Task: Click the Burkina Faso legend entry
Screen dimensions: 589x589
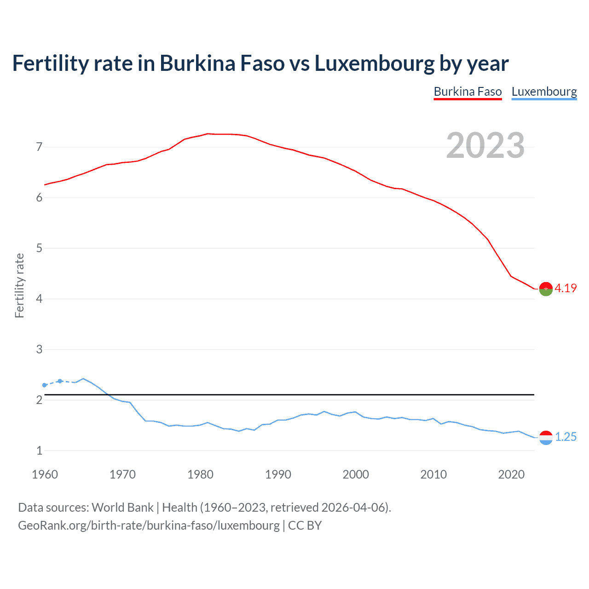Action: tap(468, 92)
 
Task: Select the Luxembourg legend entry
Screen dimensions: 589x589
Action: tap(544, 92)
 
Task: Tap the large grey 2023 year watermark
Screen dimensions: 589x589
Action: tap(485, 145)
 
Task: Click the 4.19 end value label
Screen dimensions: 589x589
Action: tap(566, 288)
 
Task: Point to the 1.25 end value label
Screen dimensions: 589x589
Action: tap(566, 437)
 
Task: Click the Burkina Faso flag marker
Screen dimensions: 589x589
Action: tap(546, 289)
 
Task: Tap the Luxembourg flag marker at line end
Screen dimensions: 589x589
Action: tap(546, 438)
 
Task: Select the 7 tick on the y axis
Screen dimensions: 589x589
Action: tap(39, 147)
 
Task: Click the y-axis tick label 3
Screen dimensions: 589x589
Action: tap(39, 349)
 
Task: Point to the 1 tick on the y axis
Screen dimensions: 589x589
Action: tap(39, 450)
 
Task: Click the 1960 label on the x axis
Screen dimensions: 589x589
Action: tap(45, 474)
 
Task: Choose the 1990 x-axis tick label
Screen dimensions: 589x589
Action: tap(278, 474)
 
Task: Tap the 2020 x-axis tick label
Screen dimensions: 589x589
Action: tap(511, 474)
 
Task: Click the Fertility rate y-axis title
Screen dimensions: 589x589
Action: tap(19, 285)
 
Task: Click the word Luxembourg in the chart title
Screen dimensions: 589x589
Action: tap(374, 64)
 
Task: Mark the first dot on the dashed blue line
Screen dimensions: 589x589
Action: tap(45, 385)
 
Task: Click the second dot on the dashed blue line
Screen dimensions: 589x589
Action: tap(60, 381)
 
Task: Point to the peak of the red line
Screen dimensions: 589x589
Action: tap(208, 133)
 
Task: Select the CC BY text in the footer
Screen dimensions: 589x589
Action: tap(305, 525)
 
